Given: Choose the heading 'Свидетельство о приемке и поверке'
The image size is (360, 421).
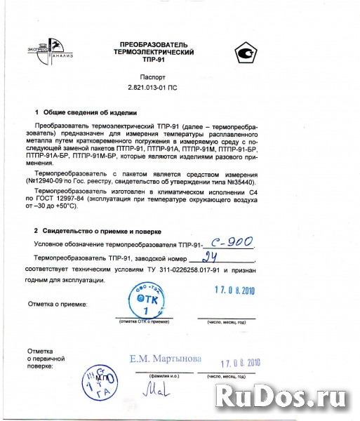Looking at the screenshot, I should [102, 231].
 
